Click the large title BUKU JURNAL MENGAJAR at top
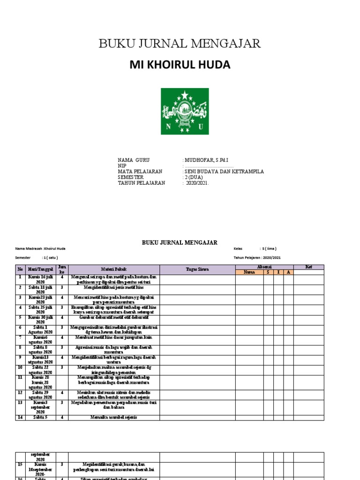pyautogui.click(x=180, y=44)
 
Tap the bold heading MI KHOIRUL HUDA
pyautogui.click(x=180, y=65)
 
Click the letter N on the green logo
pyautogui.click(x=168, y=127)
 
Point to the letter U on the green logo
pyautogui.click(x=201, y=127)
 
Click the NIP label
pyautogui.click(x=122, y=166)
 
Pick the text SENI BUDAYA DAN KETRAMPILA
pyautogui.click(x=224, y=172)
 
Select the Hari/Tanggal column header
pyautogui.click(x=40, y=269)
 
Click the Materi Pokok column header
pyautogui.click(x=114, y=269)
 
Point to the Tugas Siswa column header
pyautogui.click(x=197, y=269)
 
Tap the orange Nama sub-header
pyautogui.click(x=249, y=272)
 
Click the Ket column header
pyautogui.click(x=308, y=267)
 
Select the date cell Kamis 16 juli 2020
pyautogui.click(x=40, y=280)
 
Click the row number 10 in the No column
pyautogui.click(x=20, y=368)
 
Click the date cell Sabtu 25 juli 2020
pyautogui.click(x=40, y=310)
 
